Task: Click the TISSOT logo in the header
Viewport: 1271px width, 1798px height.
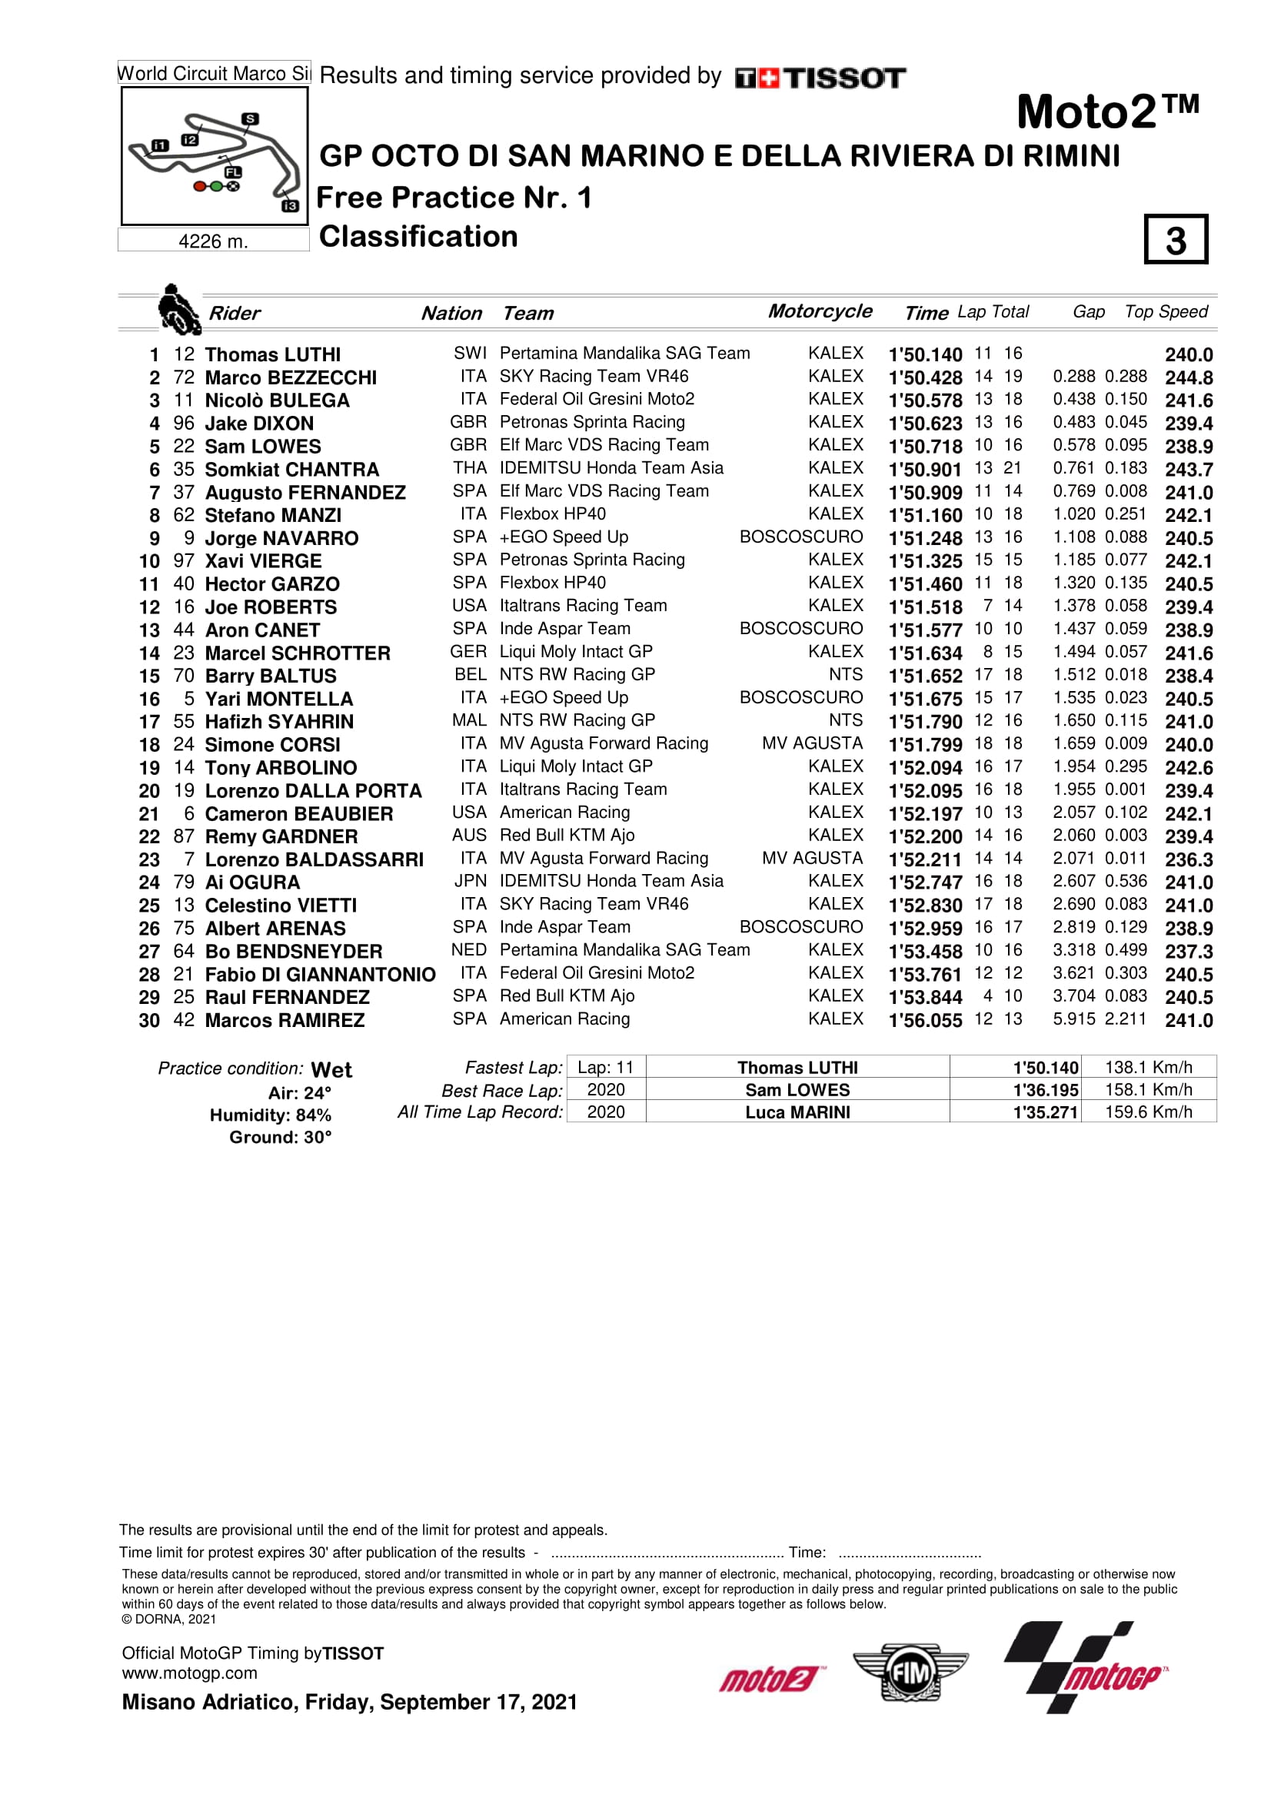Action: pyautogui.click(x=820, y=78)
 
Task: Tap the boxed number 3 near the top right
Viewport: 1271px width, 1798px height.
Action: pyautogui.click(x=1175, y=240)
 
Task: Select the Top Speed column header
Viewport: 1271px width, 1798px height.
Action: pyautogui.click(x=1166, y=311)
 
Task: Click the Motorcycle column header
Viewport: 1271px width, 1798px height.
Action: pyautogui.click(x=819, y=311)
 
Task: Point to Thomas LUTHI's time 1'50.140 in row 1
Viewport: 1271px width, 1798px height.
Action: pyautogui.click(x=925, y=354)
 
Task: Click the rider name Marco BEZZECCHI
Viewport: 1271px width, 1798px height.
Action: pyautogui.click(x=291, y=377)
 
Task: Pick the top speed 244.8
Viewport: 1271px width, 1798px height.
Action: pyautogui.click(x=1188, y=377)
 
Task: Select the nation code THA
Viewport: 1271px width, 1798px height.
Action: pyautogui.click(x=469, y=468)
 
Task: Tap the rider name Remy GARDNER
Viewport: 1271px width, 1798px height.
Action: pyautogui.click(x=281, y=836)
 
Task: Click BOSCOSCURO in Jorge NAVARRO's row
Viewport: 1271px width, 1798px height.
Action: pyautogui.click(x=800, y=537)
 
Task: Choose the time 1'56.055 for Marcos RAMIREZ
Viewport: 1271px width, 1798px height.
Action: pyautogui.click(x=925, y=1019)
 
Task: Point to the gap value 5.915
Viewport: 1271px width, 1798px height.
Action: pyautogui.click(x=1073, y=1019)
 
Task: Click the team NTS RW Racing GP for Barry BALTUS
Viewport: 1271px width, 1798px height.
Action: pyautogui.click(x=577, y=674)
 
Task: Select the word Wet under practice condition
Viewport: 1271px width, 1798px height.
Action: pyautogui.click(x=331, y=1070)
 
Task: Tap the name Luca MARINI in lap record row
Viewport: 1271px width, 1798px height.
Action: pyautogui.click(x=797, y=1112)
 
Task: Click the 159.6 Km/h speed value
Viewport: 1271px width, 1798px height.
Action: pyautogui.click(x=1148, y=1112)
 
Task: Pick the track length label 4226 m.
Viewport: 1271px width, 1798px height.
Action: pyautogui.click(x=213, y=241)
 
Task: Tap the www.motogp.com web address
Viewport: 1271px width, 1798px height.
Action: pyautogui.click(x=189, y=1673)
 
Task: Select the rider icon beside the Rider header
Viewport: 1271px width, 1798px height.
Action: pyautogui.click(x=178, y=310)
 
